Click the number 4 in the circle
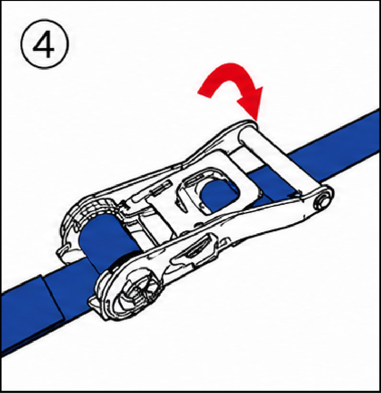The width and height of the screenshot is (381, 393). [44, 44]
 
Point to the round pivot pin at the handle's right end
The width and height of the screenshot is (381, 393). [322, 201]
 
